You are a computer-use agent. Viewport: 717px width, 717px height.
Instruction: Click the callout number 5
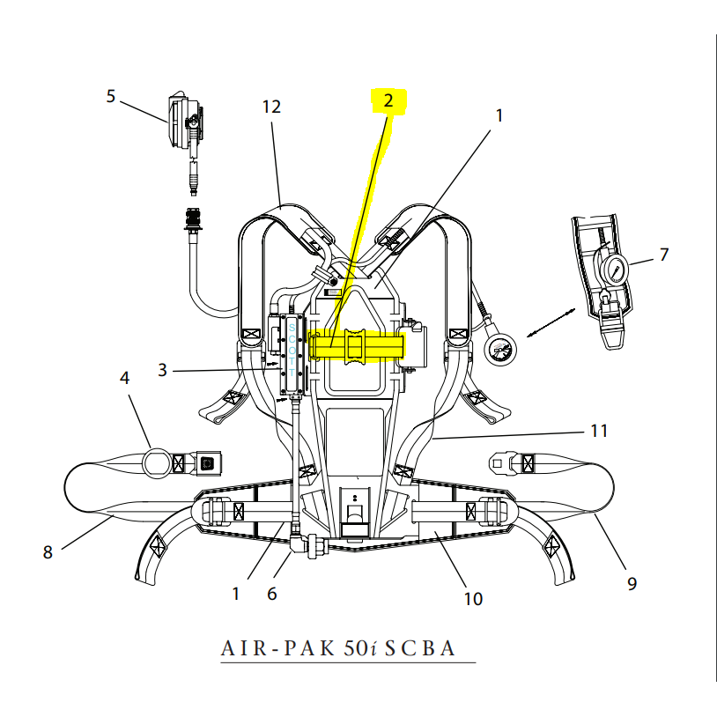click(111, 96)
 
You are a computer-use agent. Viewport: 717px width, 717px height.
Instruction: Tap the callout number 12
click(271, 107)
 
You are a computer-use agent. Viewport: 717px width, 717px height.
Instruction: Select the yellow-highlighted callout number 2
click(387, 100)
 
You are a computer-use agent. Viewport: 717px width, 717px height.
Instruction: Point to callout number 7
click(663, 255)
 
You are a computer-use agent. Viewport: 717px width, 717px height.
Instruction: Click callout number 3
click(162, 370)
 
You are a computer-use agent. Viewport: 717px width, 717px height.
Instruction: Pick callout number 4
click(124, 378)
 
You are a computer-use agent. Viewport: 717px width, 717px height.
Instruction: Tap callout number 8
click(48, 552)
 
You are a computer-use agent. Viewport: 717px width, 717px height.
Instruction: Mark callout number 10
click(473, 599)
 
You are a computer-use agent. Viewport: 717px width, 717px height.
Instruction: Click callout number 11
click(599, 431)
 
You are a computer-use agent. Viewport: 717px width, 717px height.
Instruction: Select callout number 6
click(271, 594)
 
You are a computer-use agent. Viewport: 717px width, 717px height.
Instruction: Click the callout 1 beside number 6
click(235, 594)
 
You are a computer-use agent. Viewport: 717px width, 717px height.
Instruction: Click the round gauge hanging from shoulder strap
click(499, 354)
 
